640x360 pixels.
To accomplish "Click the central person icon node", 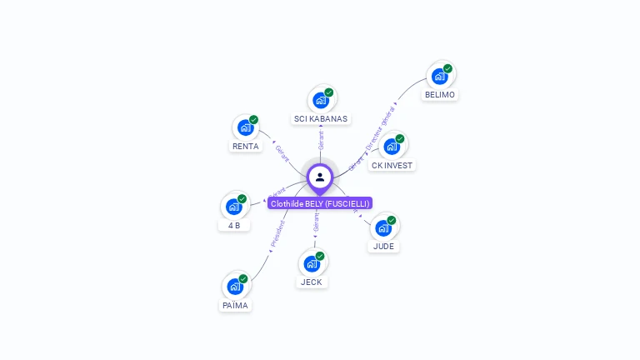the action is (320, 177).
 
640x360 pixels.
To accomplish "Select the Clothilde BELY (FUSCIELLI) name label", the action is (320, 203).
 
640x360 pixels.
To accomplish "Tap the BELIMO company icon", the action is (439, 76).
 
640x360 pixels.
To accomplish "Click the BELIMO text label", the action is (439, 95).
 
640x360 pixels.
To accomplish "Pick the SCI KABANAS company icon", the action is (321, 100).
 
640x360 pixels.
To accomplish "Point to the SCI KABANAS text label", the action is (321, 119).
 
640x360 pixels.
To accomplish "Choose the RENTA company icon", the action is (245, 127).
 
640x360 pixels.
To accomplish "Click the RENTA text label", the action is (245, 147).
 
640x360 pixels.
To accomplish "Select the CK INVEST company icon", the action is (392, 146).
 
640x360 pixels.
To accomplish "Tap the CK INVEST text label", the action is (392, 165).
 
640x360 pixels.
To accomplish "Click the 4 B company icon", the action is (234, 206).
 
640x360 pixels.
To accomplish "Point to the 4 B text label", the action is (234, 225).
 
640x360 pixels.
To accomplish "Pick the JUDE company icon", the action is (383, 227).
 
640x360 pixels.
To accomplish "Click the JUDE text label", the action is (383, 247).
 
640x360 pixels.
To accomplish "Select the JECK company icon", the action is (312, 263).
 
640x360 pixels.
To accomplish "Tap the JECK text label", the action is (312, 282).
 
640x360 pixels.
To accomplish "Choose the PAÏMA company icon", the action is (235, 287).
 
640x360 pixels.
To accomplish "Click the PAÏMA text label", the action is (235, 306).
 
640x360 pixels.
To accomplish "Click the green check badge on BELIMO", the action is (447, 68).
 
